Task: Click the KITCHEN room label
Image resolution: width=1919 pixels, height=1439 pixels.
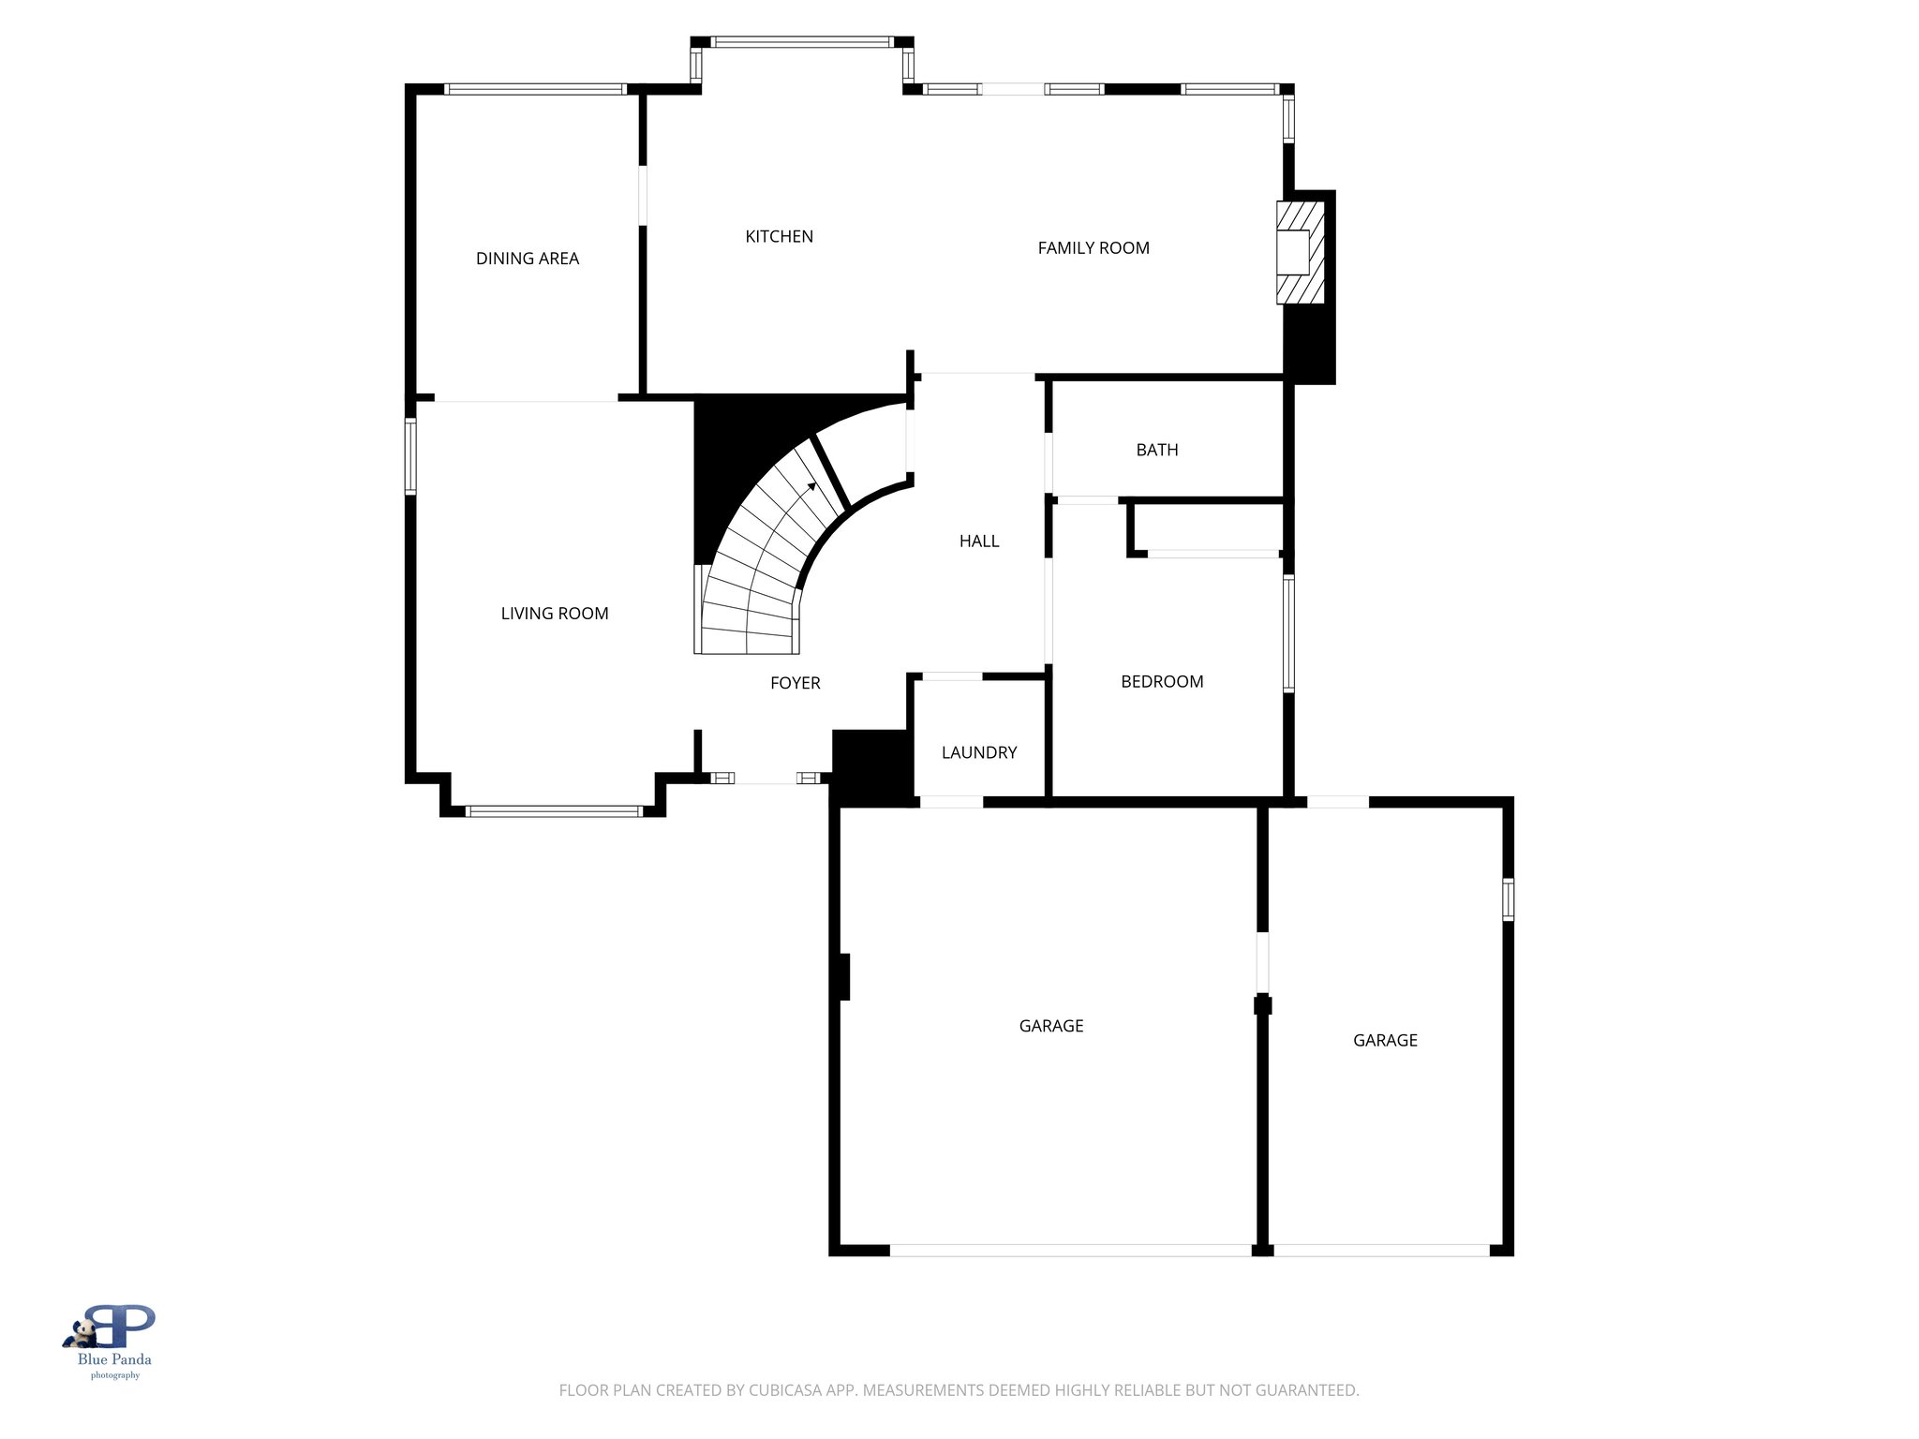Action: click(x=779, y=237)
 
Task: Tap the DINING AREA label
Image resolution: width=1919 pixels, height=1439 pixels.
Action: click(x=527, y=259)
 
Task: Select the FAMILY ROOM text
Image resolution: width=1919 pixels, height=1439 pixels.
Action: click(x=1093, y=248)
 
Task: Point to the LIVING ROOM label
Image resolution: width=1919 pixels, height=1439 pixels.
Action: click(x=554, y=614)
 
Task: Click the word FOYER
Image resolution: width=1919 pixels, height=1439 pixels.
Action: click(x=795, y=684)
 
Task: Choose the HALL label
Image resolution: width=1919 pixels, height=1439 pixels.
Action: click(x=978, y=541)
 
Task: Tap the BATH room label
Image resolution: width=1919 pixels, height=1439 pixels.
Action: click(x=1156, y=451)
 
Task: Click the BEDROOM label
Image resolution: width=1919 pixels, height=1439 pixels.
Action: click(x=1161, y=682)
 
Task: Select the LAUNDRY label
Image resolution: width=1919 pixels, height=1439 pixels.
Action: click(x=978, y=753)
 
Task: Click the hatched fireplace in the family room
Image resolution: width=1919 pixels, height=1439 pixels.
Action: click(x=1300, y=253)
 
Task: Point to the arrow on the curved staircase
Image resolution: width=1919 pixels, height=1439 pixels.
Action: click(x=811, y=486)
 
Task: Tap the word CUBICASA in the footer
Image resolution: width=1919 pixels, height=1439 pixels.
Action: click(x=784, y=1390)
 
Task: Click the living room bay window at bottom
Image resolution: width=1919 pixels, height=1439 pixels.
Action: click(x=554, y=811)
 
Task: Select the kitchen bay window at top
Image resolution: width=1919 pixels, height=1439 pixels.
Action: click(x=802, y=42)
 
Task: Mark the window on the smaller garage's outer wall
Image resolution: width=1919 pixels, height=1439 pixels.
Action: click(x=1508, y=899)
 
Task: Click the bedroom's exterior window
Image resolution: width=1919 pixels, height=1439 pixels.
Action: click(x=1288, y=633)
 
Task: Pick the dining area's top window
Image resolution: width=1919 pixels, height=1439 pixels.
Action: click(x=535, y=90)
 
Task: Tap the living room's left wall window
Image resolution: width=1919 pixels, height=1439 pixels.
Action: click(x=410, y=456)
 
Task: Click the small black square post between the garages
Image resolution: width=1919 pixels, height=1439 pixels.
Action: click(x=1262, y=1005)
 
